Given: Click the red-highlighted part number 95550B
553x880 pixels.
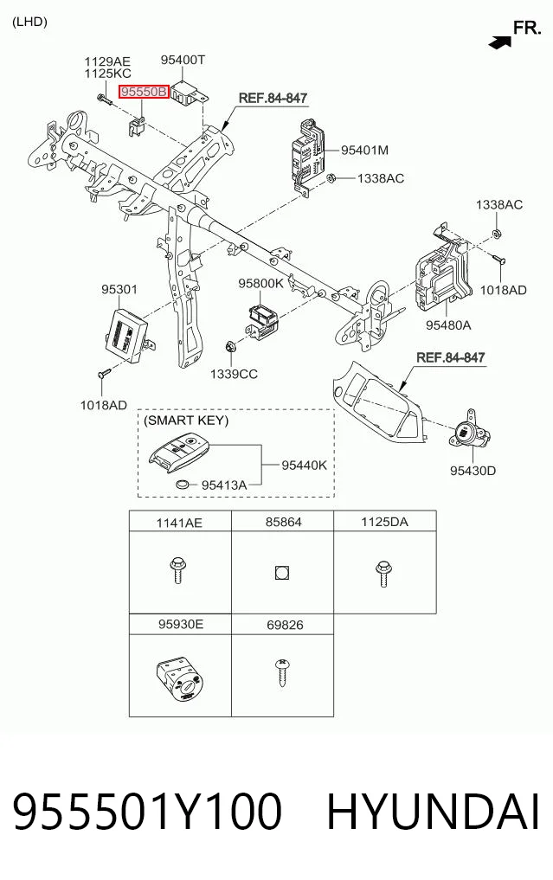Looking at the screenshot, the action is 144,91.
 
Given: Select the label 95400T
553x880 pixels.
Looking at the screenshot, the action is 183,60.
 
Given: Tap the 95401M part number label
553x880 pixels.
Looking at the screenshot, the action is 365,150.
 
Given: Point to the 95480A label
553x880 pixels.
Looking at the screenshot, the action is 448,325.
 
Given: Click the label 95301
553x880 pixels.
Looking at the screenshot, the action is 119,289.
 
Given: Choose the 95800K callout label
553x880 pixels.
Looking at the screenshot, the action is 261,284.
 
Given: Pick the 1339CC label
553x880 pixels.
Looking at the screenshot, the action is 234,374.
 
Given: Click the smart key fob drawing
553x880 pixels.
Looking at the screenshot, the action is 177,453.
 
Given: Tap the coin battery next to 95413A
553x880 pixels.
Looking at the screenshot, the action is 184,484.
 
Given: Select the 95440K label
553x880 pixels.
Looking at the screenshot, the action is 304,466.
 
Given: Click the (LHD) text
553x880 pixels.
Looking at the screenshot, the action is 29,22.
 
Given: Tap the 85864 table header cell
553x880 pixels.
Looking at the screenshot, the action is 283,522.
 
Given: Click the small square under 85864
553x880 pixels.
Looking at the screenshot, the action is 282,573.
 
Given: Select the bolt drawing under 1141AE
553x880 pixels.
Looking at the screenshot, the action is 177,570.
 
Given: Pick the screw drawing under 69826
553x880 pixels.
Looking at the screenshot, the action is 281,673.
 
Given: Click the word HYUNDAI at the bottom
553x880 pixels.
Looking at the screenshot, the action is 434,812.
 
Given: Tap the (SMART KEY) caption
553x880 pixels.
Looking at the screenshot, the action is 186,421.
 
